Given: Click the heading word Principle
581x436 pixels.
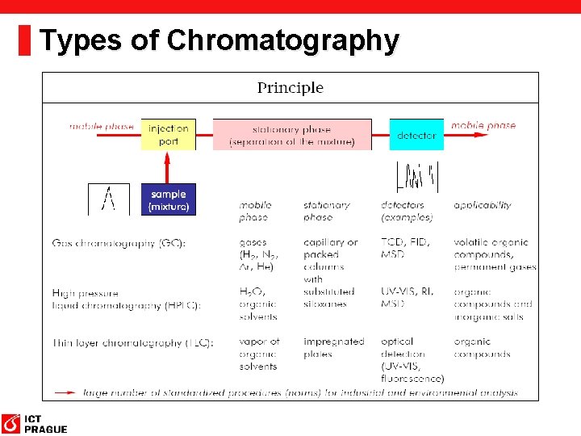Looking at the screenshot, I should coord(290,88).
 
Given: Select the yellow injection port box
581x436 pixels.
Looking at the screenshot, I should coord(169,134).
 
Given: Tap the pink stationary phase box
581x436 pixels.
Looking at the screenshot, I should coord(292,134).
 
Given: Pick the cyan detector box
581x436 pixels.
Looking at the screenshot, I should coord(416,135).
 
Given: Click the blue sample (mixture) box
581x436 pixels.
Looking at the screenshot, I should coord(169,199).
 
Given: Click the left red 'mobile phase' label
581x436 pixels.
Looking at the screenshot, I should coord(102,126).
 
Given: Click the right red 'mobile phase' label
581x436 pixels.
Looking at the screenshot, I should coord(483,125).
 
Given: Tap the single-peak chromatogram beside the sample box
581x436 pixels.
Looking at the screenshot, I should coord(108,199).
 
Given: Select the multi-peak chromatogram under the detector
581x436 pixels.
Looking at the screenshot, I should coord(416,177).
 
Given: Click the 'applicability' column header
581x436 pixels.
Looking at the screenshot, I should coord(482,205).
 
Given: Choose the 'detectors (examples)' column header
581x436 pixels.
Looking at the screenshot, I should coord(408,211).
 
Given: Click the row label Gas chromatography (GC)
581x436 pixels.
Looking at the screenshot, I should coord(119,242).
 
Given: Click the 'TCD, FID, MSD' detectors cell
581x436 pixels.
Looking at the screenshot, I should coord(406,248).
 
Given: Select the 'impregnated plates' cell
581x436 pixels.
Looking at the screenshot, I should coord(333,348).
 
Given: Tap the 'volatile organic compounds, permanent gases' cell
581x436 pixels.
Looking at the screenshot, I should coord(494,254).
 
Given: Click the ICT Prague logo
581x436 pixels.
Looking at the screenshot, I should coord(34,423).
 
